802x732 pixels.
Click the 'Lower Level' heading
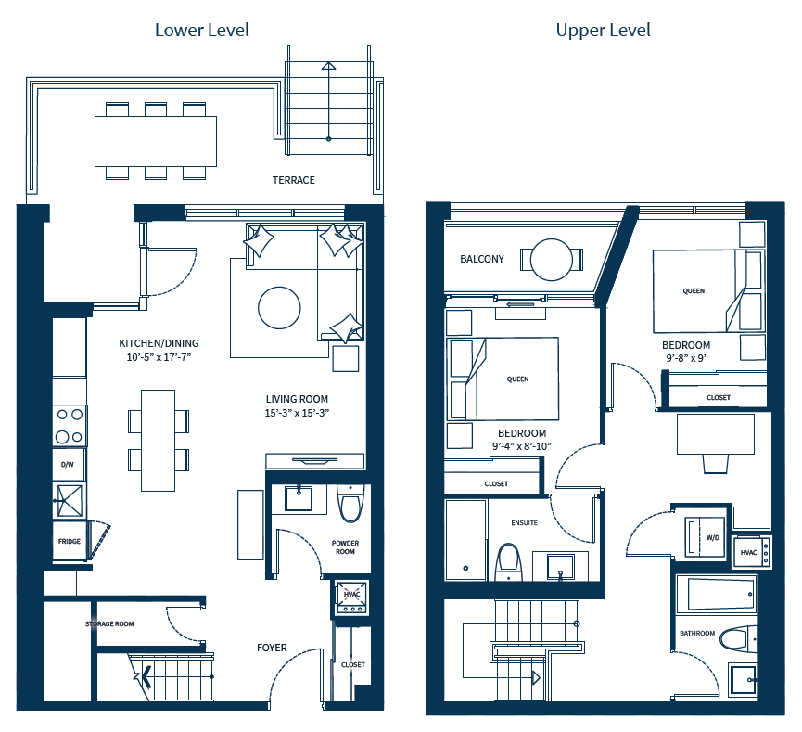(201, 30)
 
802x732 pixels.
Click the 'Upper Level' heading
(603, 30)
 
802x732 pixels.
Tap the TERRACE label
(293, 180)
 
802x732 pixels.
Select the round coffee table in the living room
(279, 307)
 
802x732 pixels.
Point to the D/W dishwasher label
(68, 464)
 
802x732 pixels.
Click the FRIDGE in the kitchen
(69, 541)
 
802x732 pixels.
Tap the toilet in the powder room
(350, 507)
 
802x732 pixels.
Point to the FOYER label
(272, 648)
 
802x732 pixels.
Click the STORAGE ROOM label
(109, 623)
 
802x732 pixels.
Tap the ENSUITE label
(525, 523)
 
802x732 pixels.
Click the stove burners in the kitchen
(70, 426)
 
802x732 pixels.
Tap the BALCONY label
(482, 259)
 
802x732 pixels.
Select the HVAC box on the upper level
(749, 551)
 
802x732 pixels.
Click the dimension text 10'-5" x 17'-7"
(164, 356)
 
